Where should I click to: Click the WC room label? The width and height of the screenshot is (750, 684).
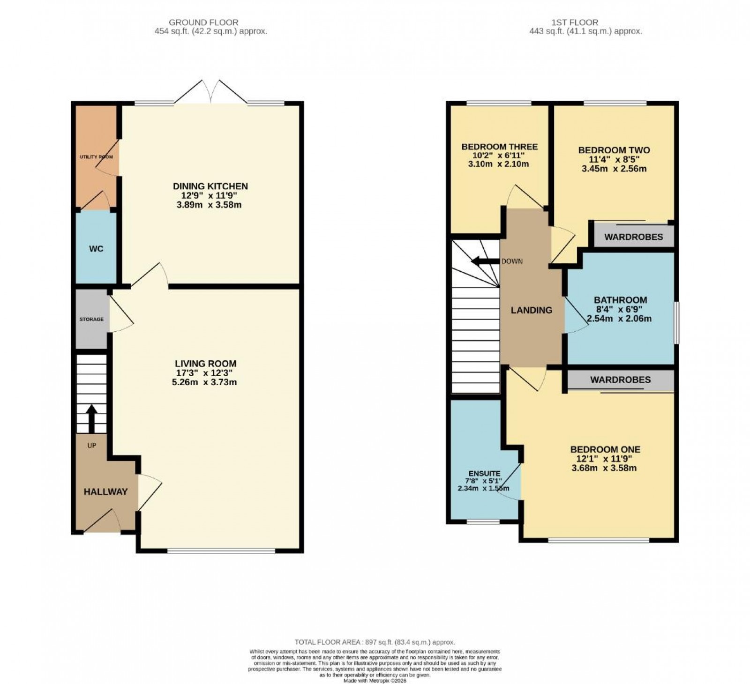pyautogui.click(x=96, y=249)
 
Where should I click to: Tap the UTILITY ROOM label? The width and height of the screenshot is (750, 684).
pyautogui.click(x=96, y=157)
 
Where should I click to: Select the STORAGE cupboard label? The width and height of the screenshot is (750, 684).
pyautogui.click(x=91, y=320)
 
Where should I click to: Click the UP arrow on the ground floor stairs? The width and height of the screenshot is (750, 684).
pyautogui.click(x=91, y=418)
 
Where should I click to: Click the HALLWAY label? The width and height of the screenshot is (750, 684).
pyautogui.click(x=105, y=492)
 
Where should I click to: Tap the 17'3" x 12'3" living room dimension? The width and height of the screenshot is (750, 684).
pyautogui.click(x=205, y=373)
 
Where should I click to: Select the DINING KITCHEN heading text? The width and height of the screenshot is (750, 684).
pyautogui.click(x=210, y=186)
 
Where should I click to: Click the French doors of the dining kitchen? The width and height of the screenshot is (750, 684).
pyautogui.click(x=210, y=93)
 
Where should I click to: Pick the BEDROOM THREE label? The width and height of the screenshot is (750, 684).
pyautogui.click(x=499, y=147)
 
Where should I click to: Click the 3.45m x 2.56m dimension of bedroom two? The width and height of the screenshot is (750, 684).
pyautogui.click(x=614, y=169)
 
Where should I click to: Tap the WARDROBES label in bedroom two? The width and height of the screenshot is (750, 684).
pyautogui.click(x=633, y=237)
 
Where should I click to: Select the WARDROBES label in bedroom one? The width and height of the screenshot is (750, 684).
pyautogui.click(x=620, y=380)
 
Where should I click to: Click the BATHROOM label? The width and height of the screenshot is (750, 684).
pyautogui.click(x=620, y=300)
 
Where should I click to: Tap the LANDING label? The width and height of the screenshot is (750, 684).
pyautogui.click(x=532, y=310)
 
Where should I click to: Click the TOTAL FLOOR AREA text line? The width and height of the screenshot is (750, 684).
pyautogui.click(x=375, y=642)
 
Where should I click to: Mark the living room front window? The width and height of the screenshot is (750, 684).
pyautogui.click(x=221, y=551)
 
